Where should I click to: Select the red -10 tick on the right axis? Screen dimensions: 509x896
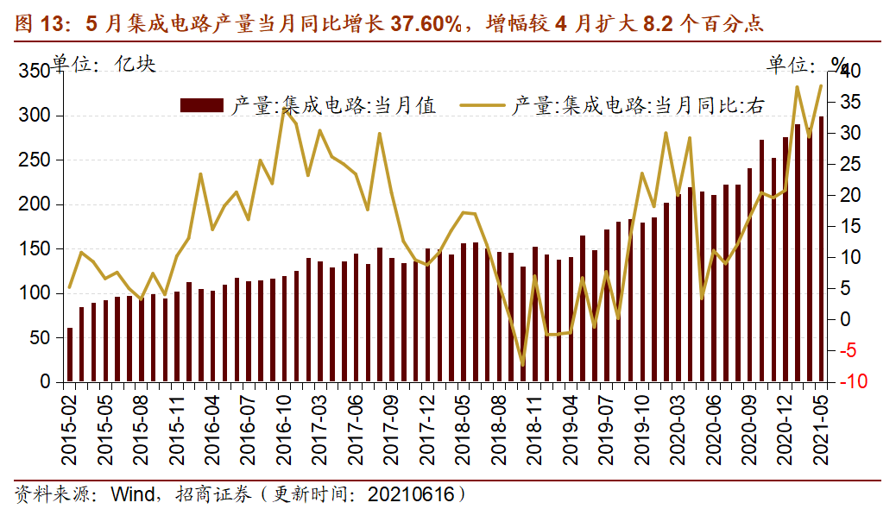pyautogui.click(x=851, y=382)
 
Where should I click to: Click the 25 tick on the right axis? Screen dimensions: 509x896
pyautogui.click(x=849, y=164)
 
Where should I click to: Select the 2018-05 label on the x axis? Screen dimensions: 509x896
pyautogui.click(x=464, y=420)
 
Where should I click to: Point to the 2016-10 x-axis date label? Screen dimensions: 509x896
pyautogui.click(x=284, y=420)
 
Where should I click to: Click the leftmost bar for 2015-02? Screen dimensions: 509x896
pyautogui.click(x=70, y=355)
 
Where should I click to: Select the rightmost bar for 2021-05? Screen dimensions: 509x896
pyautogui.click(x=821, y=249)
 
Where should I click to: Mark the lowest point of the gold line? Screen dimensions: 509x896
pyautogui.click(x=522, y=365)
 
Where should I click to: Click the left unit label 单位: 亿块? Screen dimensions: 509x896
pyautogui.click(x=104, y=64)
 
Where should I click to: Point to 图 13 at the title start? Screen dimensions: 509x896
pyautogui.click(x=39, y=23)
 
